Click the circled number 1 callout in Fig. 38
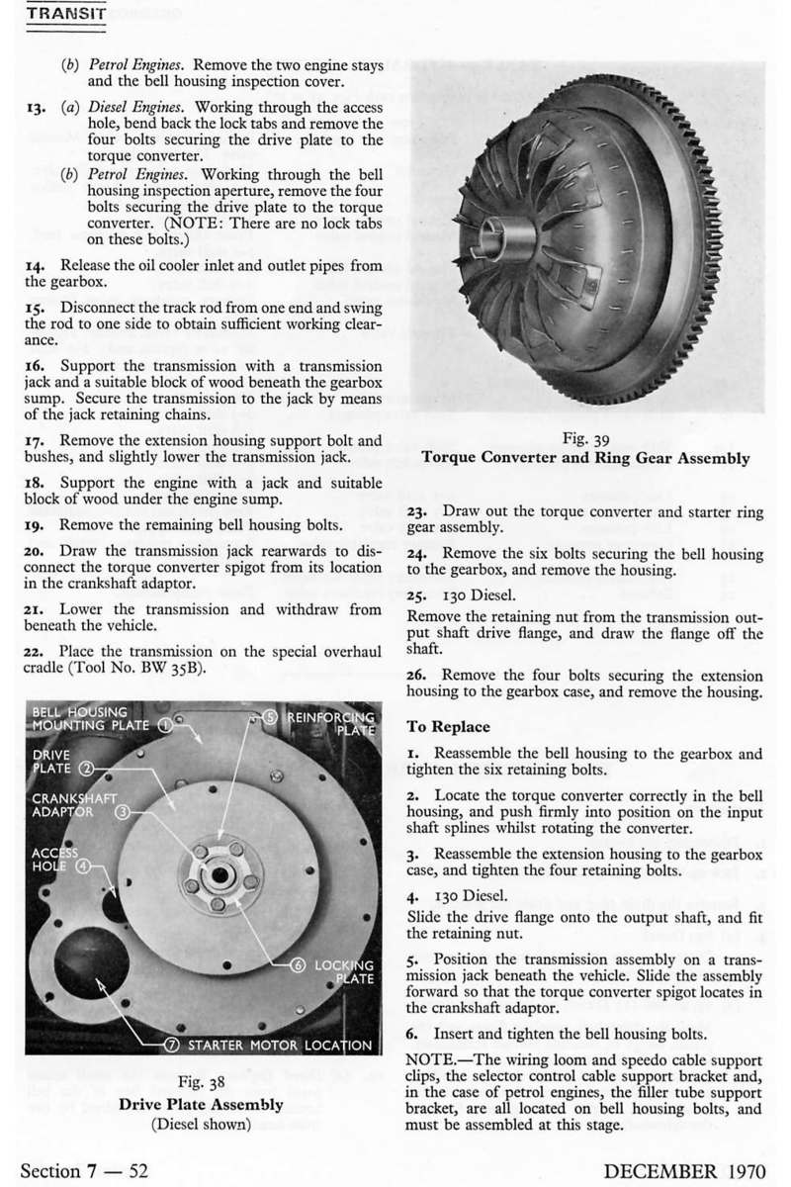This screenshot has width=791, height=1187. click(165, 726)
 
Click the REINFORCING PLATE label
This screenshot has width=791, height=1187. click(331, 722)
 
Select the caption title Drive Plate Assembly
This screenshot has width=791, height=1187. click(201, 1104)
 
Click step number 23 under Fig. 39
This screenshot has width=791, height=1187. click(417, 510)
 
